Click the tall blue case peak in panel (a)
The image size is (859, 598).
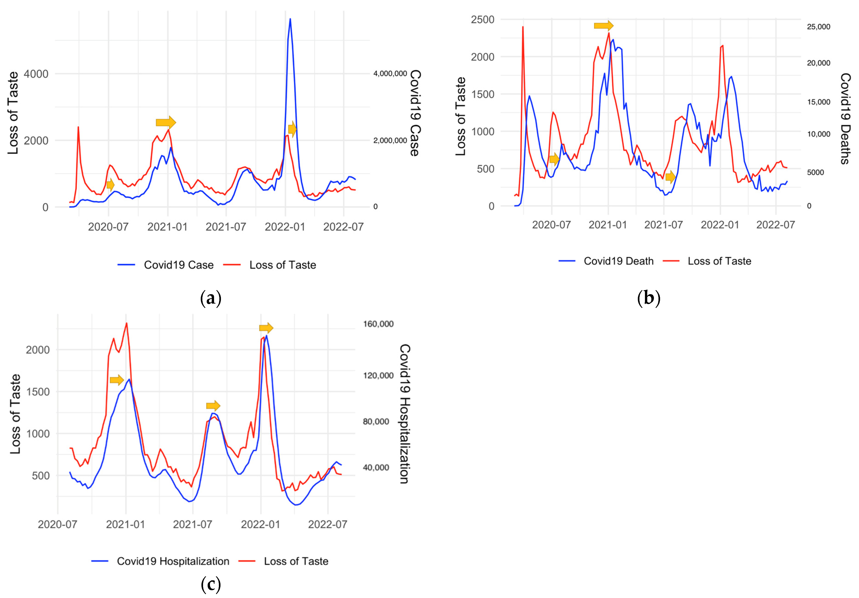pyautogui.click(x=290, y=20)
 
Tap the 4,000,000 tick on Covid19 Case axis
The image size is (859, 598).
pyautogui.click(x=390, y=74)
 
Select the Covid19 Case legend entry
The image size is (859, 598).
pyautogui.click(x=165, y=265)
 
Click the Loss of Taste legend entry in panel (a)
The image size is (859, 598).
pyautogui.click(x=270, y=265)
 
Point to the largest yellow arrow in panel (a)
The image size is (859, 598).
pyautogui.click(x=166, y=122)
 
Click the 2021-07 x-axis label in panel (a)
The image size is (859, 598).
pyautogui.click(x=226, y=227)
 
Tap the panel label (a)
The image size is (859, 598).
pyautogui.click(x=211, y=298)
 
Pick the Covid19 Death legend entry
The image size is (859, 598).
pyautogui.click(x=606, y=261)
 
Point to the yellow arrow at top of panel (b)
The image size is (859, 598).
pyautogui.click(x=603, y=25)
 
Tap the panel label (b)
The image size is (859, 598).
pyautogui.click(x=648, y=298)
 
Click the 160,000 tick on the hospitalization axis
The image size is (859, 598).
pyautogui.click(x=378, y=324)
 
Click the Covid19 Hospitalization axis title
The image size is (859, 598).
pyautogui.click(x=404, y=414)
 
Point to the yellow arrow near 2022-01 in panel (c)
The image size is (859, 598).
pyautogui.click(x=266, y=328)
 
